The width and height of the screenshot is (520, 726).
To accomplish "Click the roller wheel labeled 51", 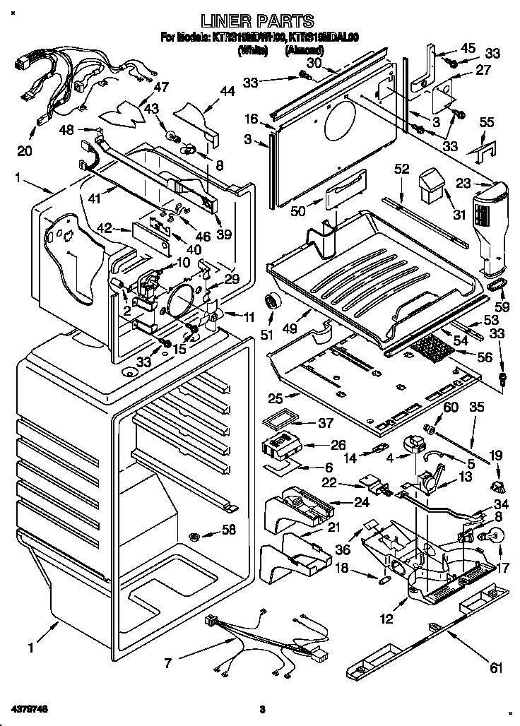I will [271, 303].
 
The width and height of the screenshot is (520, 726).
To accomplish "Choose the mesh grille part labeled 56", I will [437, 348].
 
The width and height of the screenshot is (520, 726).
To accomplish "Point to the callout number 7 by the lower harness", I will [167, 663].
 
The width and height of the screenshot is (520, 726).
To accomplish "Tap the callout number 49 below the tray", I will [308, 329].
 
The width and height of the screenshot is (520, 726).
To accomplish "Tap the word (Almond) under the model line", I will [305, 51].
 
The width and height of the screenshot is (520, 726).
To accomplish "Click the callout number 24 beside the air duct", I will [341, 503].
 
